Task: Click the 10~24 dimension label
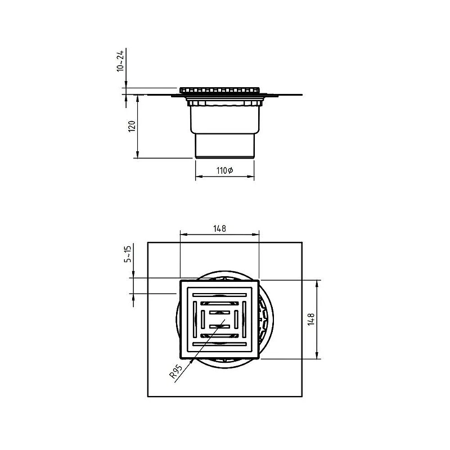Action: (x=120, y=61)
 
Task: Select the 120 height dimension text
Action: (x=132, y=126)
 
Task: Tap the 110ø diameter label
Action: (x=224, y=170)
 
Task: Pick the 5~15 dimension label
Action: (x=128, y=254)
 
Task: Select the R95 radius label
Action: (x=175, y=371)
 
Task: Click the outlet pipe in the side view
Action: (x=224, y=146)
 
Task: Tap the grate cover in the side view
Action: (x=219, y=91)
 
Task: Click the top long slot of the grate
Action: (x=219, y=295)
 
